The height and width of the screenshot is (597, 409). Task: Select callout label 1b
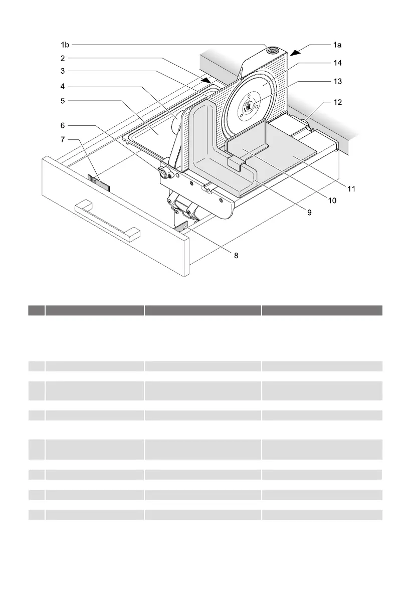click(x=64, y=45)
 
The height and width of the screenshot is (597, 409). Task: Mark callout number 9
click(x=309, y=213)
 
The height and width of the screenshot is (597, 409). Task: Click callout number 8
click(x=236, y=255)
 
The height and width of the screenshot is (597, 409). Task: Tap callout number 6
click(x=62, y=125)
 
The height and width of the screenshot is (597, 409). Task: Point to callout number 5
click(x=62, y=100)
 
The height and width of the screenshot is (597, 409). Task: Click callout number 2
click(x=62, y=58)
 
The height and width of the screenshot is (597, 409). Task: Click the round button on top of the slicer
click(x=273, y=50)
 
